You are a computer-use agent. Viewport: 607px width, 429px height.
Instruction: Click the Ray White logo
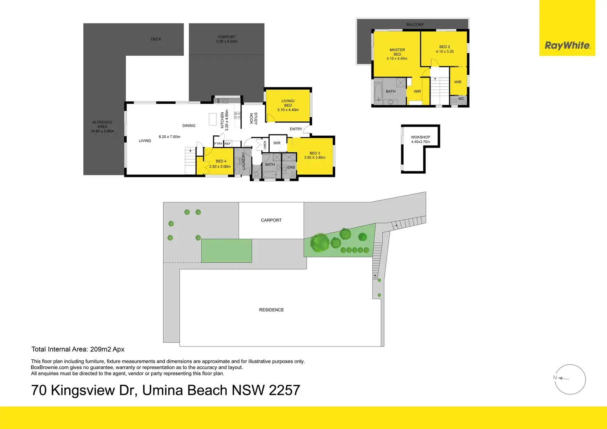[567, 45]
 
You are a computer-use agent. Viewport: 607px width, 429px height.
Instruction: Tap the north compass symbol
[570, 379]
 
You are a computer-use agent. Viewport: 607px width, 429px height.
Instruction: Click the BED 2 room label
[445, 47]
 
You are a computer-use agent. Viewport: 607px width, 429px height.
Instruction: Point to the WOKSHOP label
[420, 137]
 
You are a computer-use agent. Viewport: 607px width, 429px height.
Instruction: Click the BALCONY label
[415, 25]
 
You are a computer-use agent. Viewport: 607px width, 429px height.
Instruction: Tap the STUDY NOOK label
[253, 119]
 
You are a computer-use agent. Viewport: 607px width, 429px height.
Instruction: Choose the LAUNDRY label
[244, 161]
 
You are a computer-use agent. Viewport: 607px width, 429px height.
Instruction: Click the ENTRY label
[296, 129]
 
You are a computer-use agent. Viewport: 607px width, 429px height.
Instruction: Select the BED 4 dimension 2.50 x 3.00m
[220, 167]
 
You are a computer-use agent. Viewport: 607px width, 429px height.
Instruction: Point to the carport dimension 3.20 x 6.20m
[227, 42]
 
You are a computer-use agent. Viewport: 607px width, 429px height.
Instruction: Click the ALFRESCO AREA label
[102, 125]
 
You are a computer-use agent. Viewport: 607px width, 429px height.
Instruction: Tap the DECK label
[156, 39]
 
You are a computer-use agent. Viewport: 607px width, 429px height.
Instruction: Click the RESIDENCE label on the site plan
[271, 310]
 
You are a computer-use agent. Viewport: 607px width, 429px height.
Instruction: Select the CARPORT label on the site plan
[271, 220]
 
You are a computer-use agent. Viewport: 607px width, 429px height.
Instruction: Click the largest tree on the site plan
[320, 243]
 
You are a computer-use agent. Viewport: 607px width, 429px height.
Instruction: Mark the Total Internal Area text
[78, 349]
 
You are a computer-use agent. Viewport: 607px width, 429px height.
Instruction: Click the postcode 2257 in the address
[284, 390]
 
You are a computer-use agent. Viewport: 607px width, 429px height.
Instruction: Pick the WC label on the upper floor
[461, 99]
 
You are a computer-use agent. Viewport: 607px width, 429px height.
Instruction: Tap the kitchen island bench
[213, 119]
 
